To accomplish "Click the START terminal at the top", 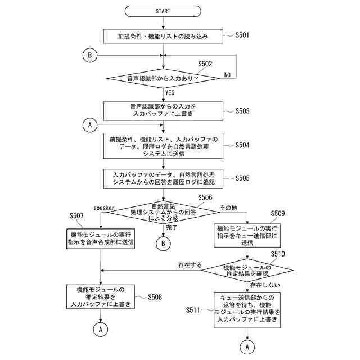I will click(x=163, y=11).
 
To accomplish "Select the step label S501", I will click(x=243, y=35).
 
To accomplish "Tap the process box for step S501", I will click(x=163, y=36).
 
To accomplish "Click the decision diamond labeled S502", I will click(x=163, y=79).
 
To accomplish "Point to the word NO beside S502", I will click(x=228, y=75).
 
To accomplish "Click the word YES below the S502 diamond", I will click(x=170, y=92).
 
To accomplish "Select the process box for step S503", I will click(x=163, y=110).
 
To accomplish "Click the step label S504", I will click(x=243, y=145).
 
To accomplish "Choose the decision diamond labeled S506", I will click(x=163, y=213).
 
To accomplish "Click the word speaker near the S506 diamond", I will click(x=104, y=208).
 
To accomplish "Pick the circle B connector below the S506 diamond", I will click(x=163, y=244).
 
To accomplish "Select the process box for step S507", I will click(x=100, y=238).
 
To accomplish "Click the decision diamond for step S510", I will click(x=247, y=271).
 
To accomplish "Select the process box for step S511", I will click(x=247, y=310).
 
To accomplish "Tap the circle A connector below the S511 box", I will click(x=247, y=348).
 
